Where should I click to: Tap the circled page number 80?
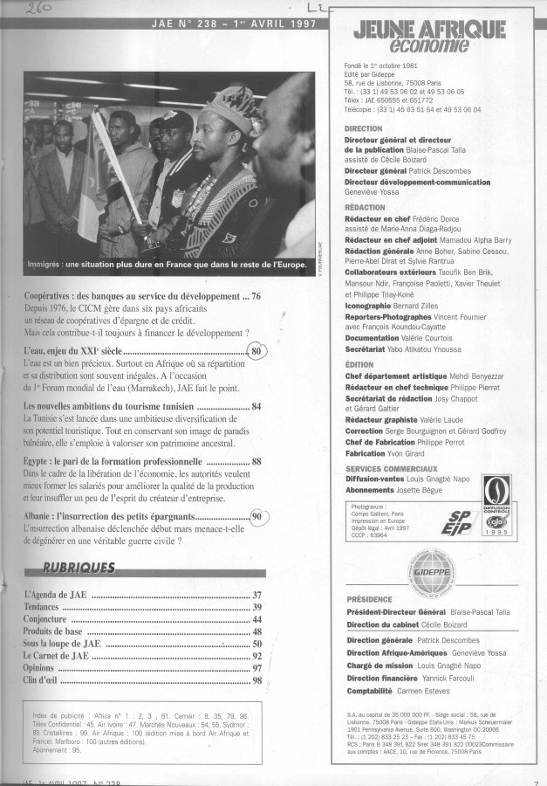click(256, 352)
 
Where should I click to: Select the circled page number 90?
click(256, 516)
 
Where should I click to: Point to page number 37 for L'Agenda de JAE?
click(257, 595)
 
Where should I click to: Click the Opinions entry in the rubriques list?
click(41, 668)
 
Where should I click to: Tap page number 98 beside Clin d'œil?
click(257, 680)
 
